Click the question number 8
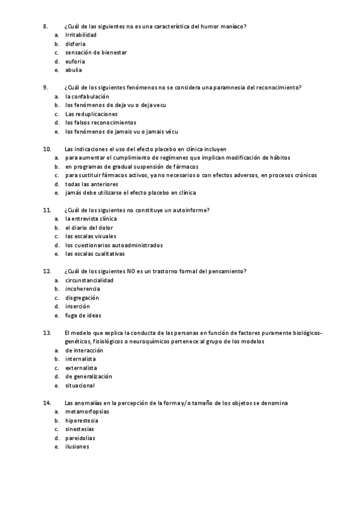45,26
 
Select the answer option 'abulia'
74,70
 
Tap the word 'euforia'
75,61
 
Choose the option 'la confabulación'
87,97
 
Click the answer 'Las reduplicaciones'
91,114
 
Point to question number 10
47,149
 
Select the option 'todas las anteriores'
92,184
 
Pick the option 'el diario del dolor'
89,227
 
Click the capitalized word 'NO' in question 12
131,271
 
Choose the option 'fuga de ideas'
83,315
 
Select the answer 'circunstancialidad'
89,280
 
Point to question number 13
47,333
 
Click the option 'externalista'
81,368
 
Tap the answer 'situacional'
80,385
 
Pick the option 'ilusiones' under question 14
77,447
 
